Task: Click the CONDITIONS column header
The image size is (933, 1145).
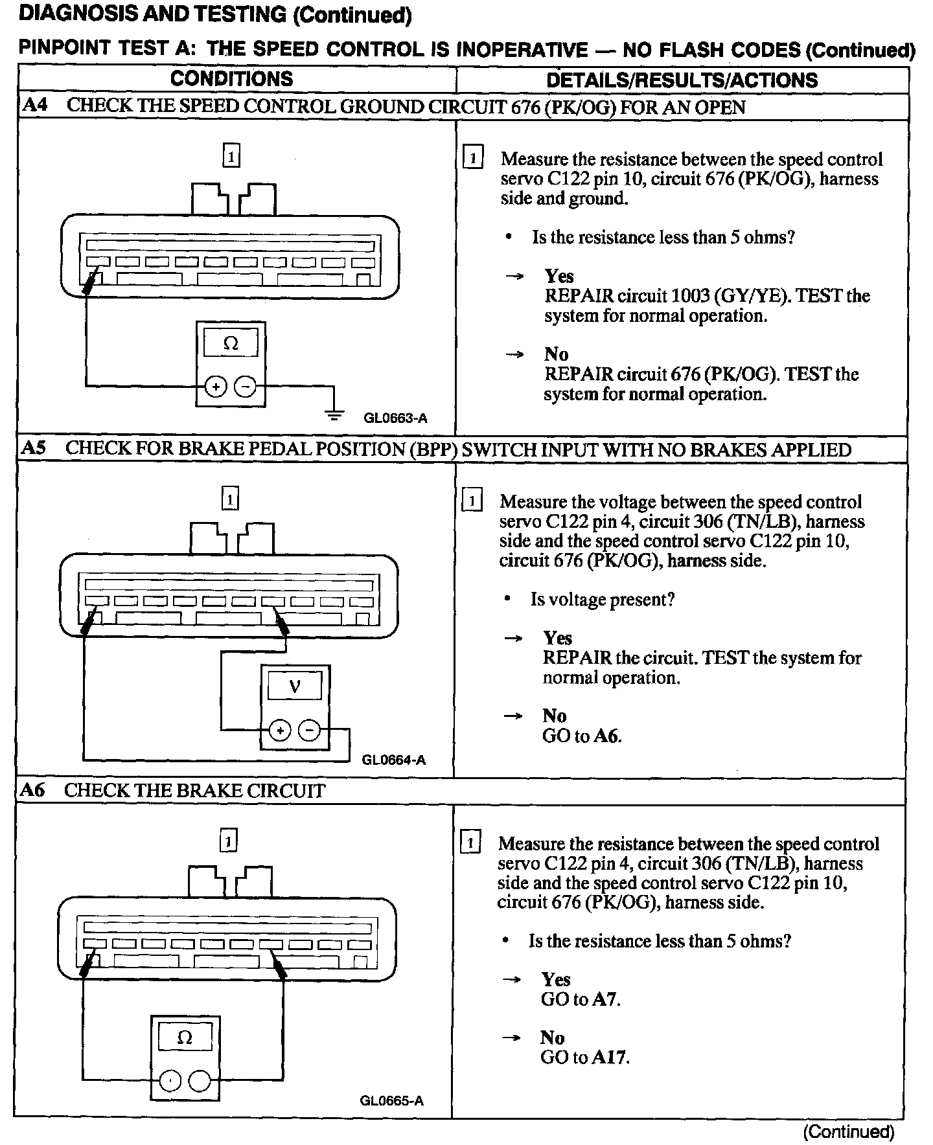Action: click(231, 79)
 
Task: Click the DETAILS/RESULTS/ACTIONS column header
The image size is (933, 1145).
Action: click(682, 80)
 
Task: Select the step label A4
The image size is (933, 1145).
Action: click(35, 106)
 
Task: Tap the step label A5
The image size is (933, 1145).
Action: click(34, 448)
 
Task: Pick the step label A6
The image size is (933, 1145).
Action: click(33, 790)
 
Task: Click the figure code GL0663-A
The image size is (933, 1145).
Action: click(395, 418)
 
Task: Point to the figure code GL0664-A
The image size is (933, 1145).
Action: click(393, 760)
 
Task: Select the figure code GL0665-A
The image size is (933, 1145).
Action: click(391, 1101)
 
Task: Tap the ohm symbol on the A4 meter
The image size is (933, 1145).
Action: click(230, 344)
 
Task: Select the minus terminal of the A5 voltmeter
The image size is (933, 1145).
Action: click(311, 731)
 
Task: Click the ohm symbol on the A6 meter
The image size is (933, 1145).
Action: click(185, 1039)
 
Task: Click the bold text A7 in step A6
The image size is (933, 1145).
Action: click(605, 999)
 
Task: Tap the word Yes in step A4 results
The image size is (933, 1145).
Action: click(559, 277)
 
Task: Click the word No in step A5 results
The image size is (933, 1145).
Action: click(555, 716)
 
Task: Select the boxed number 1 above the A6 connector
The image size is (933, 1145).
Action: click(228, 841)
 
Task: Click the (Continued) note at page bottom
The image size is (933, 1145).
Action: click(848, 1131)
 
